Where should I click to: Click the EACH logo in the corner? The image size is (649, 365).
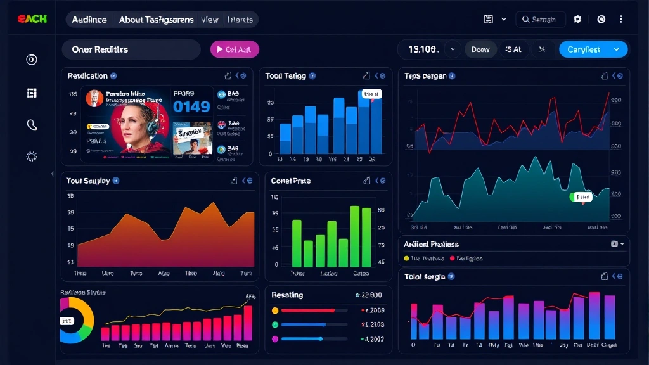(32, 19)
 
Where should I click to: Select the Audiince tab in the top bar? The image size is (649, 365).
(89, 20)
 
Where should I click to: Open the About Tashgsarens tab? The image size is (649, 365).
(156, 20)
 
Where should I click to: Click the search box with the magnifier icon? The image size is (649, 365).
(540, 20)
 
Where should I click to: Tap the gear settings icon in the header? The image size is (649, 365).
(577, 20)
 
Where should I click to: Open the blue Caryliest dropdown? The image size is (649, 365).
(593, 49)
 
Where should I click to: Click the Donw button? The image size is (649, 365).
(480, 49)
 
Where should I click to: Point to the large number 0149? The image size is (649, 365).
(191, 106)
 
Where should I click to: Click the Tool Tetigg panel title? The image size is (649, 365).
(285, 76)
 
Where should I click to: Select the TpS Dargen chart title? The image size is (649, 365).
(425, 76)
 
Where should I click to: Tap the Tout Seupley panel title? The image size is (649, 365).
(87, 181)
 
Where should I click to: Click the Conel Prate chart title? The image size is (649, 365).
(290, 181)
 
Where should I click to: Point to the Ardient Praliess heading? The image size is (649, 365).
(431, 244)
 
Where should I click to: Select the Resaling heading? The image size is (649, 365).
(287, 295)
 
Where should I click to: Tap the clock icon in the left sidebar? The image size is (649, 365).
(32, 60)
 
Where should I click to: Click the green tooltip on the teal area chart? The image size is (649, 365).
(581, 197)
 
